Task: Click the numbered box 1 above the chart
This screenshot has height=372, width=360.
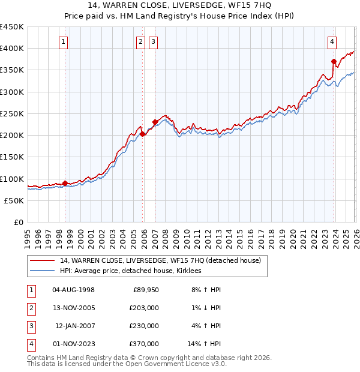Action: pos(63,42)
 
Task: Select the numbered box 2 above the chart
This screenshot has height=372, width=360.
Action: pos(140,42)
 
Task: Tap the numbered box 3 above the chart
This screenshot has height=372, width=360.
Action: pos(154,42)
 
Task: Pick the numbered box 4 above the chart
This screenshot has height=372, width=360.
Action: pos(332,42)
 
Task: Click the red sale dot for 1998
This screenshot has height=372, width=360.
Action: pos(65,183)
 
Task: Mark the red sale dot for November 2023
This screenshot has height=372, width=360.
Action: pos(334,61)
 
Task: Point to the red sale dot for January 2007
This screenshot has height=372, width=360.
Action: pos(155,122)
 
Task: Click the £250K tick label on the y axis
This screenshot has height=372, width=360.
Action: pos(12,113)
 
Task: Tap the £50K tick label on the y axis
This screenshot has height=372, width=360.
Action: pos(14,200)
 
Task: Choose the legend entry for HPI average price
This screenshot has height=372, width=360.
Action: pos(130,271)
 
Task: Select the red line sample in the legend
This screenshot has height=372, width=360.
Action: pos(42,260)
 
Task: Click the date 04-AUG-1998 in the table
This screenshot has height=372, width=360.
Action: pos(73,290)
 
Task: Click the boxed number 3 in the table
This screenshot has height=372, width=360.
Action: pos(31,326)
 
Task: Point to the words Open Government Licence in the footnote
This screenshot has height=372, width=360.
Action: pos(165,364)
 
